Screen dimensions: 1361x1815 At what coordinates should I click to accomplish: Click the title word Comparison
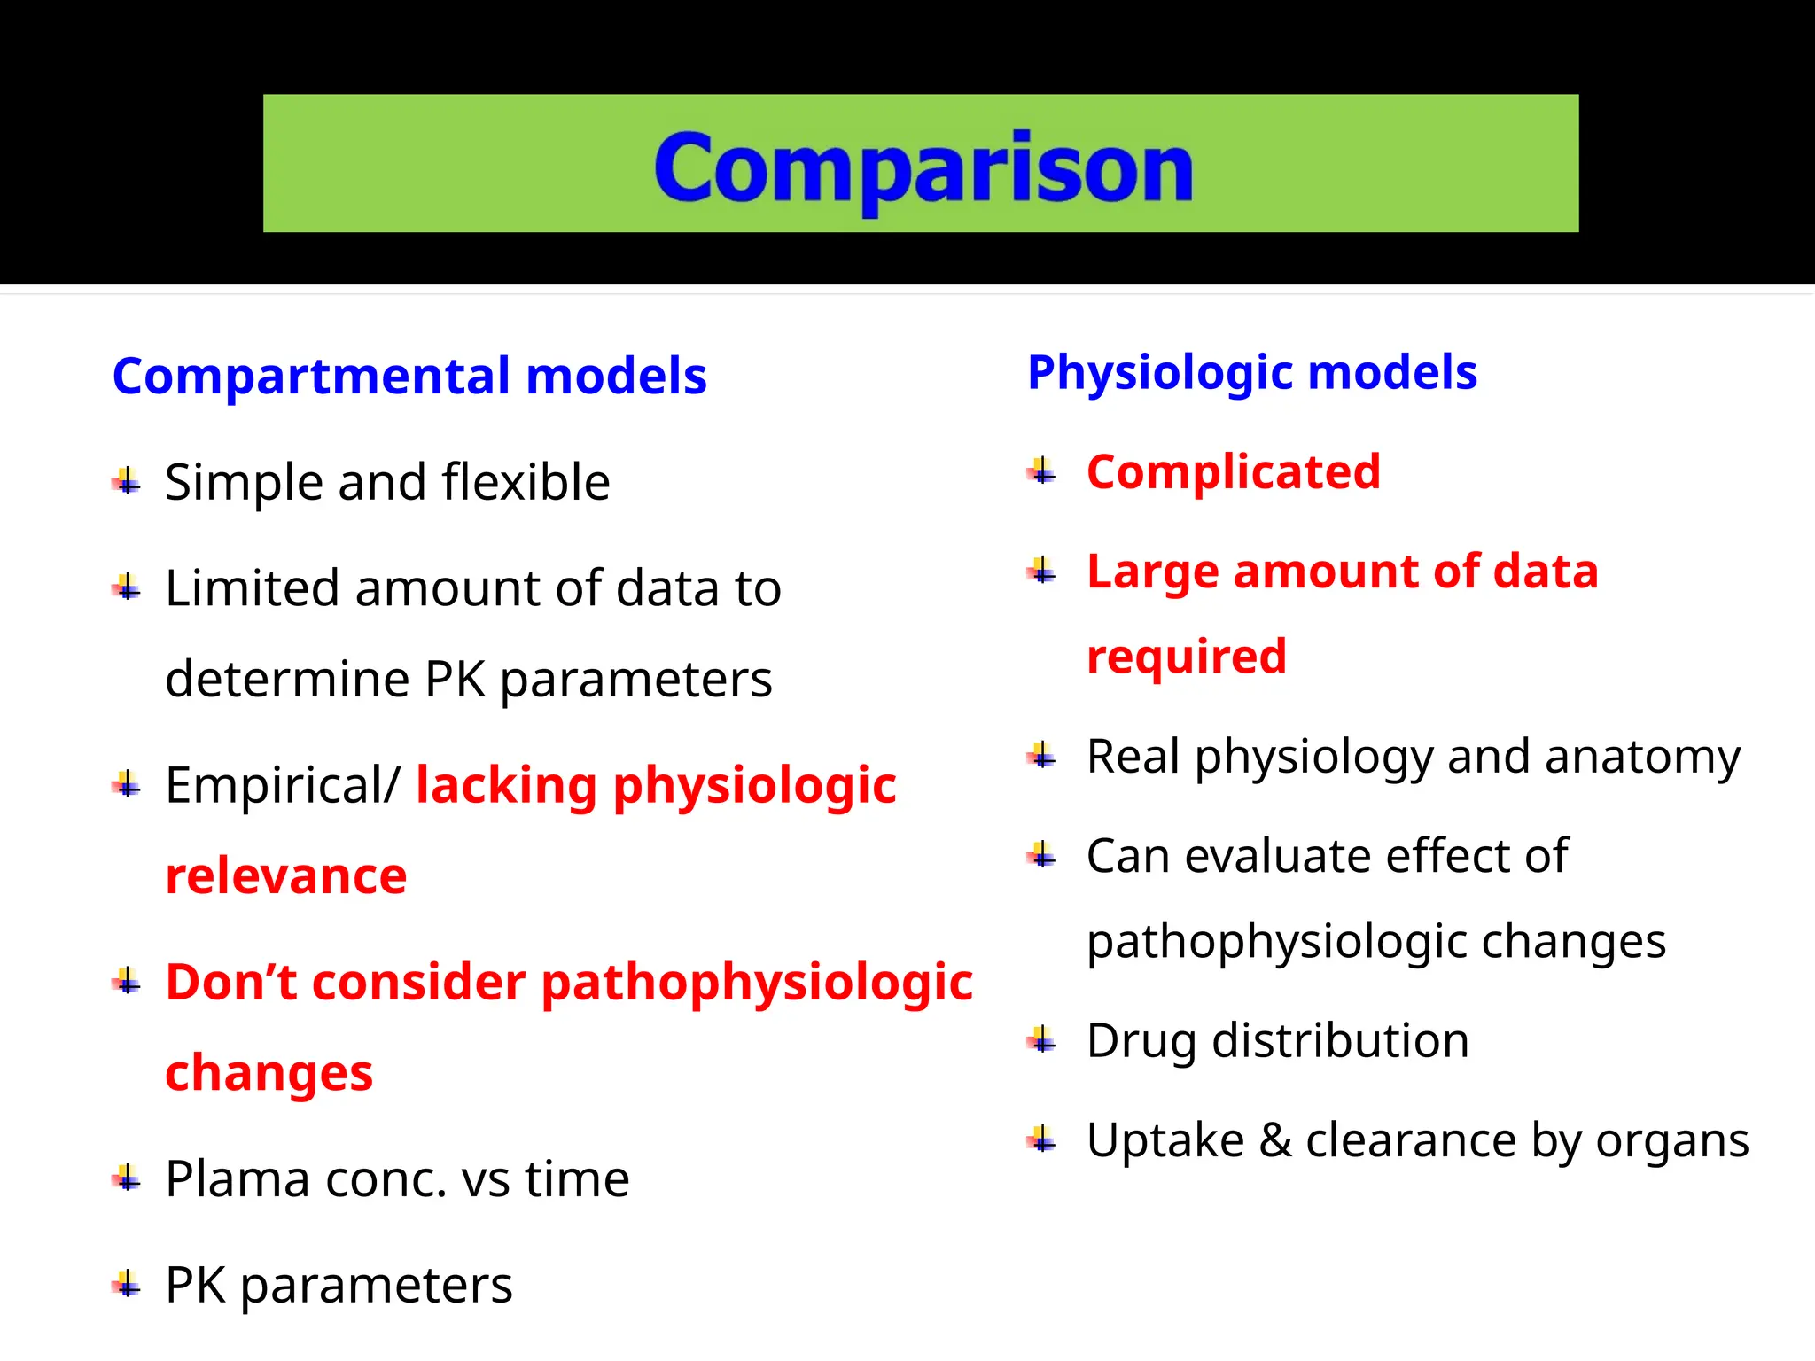tap(923, 168)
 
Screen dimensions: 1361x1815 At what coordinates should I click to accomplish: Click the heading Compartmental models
tap(409, 376)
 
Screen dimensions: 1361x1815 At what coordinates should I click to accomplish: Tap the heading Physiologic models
tap(1251, 372)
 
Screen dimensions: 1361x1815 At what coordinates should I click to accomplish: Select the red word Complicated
tap(1233, 471)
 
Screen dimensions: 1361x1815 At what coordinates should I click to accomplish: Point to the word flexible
tap(526, 483)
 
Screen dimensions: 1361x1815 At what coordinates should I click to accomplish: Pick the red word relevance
tap(286, 876)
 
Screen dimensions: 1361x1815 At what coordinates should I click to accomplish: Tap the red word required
tap(1186, 657)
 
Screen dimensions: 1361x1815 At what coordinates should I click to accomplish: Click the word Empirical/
tap(283, 786)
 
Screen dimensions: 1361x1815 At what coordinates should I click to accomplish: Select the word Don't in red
tap(230, 983)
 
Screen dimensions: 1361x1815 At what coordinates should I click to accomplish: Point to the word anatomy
tap(1642, 758)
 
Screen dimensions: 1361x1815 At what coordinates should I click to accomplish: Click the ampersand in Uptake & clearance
tap(1274, 1140)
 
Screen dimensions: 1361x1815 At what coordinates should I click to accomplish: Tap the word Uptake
tap(1165, 1141)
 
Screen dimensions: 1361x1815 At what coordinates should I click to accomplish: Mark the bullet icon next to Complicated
tap(1042, 471)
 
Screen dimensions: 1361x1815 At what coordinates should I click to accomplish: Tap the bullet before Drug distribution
tap(1042, 1040)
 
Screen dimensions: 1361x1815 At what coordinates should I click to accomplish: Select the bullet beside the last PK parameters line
tap(127, 1285)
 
